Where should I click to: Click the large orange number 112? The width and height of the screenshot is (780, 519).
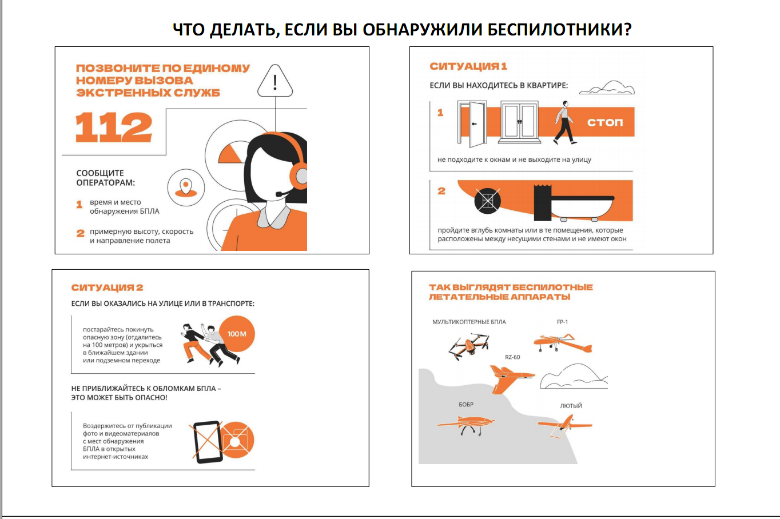click(x=114, y=127)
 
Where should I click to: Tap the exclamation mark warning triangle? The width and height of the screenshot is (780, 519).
click(x=275, y=81)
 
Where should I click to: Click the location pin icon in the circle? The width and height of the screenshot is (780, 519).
click(x=186, y=188)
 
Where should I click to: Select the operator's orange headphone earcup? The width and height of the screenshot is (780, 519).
click(x=298, y=176)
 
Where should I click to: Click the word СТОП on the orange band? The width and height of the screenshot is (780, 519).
click(x=605, y=122)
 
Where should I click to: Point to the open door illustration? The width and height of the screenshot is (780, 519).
click(x=472, y=123)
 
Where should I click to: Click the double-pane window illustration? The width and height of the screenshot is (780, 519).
click(x=520, y=122)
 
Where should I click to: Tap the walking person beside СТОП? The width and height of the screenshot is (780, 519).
click(x=564, y=122)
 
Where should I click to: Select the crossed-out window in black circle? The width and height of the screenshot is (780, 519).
click(x=487, y=201)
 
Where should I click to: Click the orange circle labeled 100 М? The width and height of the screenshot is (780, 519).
click(x=237, y=334)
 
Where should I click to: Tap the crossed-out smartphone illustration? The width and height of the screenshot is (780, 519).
click(x=208, y=442)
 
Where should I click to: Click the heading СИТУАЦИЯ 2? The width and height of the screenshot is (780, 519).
click(x=108, y=288)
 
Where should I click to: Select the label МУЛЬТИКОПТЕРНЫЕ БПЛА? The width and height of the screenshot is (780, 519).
click(x=469, y=322)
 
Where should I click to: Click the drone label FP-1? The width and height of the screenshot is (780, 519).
click(x=562, y=322)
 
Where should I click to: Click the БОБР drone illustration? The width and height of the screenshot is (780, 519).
click(x=466, y=425)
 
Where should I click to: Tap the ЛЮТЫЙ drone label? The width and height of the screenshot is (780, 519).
click(x=571, y=406)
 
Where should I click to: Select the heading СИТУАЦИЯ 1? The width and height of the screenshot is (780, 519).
click(x=468, y=66)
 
